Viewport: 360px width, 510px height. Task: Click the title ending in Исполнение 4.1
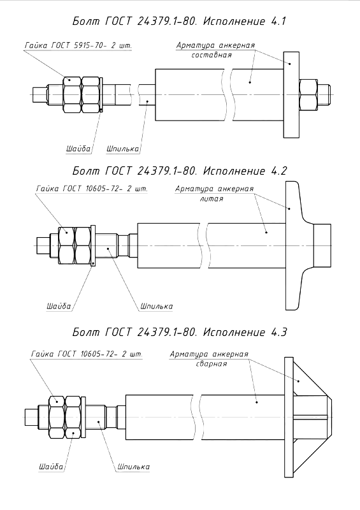[x=179, y=22]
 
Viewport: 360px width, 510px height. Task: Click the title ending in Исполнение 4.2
[x=180, y=171]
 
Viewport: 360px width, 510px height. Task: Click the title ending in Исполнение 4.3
[x=180, y=332]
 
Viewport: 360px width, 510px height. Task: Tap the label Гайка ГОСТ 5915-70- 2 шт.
[x=78, y=45]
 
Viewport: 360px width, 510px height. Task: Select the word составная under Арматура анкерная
[x=212, y=55]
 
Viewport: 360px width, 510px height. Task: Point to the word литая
[x=212, y=199]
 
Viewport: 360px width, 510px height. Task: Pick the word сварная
[x=212, y=363]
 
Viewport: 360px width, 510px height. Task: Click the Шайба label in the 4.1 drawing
[x=78, y=149]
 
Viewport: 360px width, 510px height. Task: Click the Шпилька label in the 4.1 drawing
[x=122, y=149]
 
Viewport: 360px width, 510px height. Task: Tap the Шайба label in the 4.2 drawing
[x=59, y=306]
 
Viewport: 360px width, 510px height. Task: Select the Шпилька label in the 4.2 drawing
[x=156, y=306]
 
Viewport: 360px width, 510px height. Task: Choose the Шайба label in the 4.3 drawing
[x=51, y=467]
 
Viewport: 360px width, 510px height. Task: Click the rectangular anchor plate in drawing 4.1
[x=291, y=94]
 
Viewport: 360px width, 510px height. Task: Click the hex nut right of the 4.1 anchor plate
[x=308, y=94]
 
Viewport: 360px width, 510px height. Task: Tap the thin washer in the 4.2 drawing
[x=93, y=246]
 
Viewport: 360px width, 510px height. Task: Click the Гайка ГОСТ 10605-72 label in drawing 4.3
[x=87, y=354]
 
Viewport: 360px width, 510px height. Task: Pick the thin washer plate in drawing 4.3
[x=83, y=417]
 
